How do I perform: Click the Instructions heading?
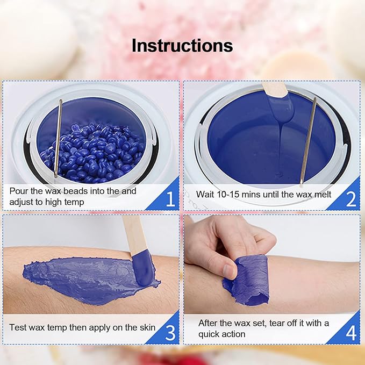pyautogui.click(x=182, y=46)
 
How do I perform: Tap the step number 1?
pyautogui.click(x=170, y=199)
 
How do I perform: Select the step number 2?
pyautogui.click(x=350, y=199)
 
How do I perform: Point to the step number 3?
pyautogui.click(x=170, y=333)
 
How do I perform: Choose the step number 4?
pyautogui.click(x=350, y=333)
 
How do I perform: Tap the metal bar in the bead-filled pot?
pyautogui.click(x=58, y=137)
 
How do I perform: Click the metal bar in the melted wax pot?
pyautogui.click(x=308, y=140)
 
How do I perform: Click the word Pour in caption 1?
pyautogui.click(x=19, y=191)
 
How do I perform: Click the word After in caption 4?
pyautogui.click(x=209, y=323)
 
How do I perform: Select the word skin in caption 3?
pyautogui.click(x=146, y=327)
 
